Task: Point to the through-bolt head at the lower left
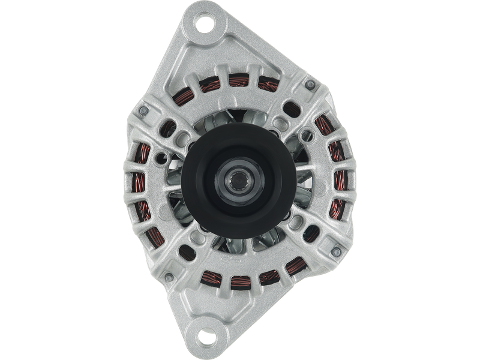coord(170,277)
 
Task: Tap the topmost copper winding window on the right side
coord(323,125)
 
